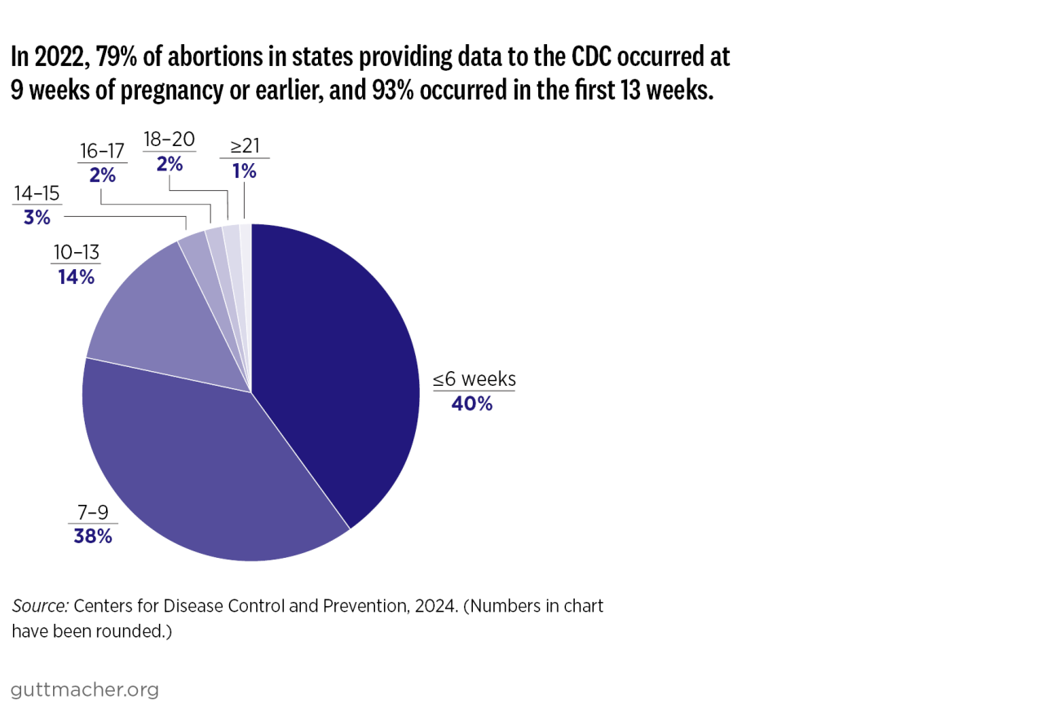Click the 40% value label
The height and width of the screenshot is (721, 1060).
pos(472,403)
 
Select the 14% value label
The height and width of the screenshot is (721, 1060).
pos(76,277)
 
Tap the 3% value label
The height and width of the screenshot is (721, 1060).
pos(38,218)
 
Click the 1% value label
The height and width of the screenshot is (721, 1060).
pos(244,171)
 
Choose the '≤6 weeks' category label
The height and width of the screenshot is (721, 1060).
pos(474,379)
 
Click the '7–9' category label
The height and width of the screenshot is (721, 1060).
pos(91,512)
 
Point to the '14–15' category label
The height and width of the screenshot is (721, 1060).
pos(38,194)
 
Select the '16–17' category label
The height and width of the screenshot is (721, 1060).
pos(103,151)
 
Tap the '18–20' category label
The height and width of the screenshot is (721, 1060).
pos(169,139)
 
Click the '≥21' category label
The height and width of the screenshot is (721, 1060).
pos(244,147)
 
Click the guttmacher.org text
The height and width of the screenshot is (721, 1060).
pos(85,690)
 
